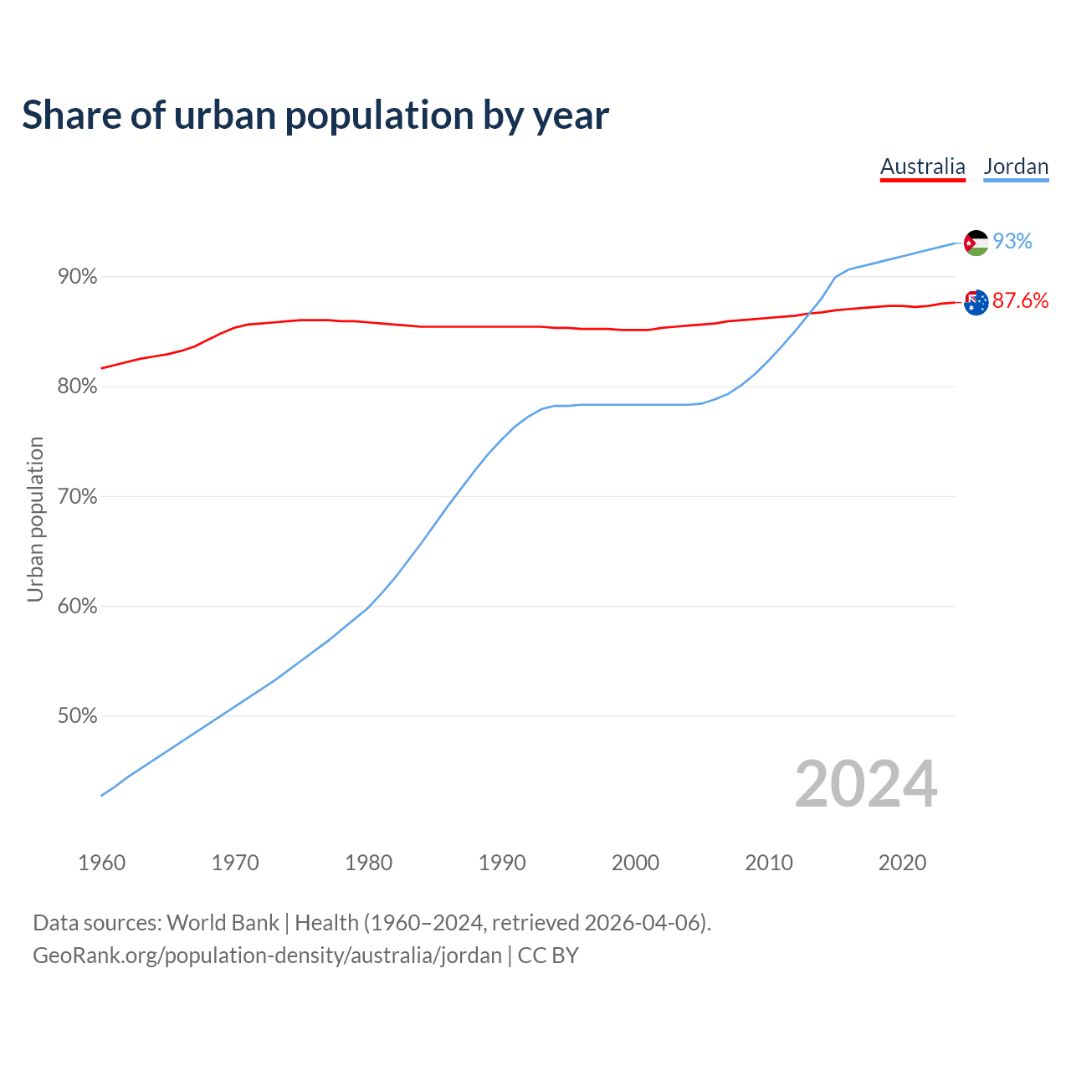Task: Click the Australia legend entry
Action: (x=922, y=167)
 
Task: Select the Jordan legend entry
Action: (x=1016, y=167)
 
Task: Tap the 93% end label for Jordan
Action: (x=1012, y=241)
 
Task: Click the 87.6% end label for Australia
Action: (x=1020, y=301)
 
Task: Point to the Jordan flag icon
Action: (x=976, y=243)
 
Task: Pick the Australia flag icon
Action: (x=976, y=302)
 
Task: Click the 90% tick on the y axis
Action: (x=77, y=277)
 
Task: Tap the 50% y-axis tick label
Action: (x=77, y=716)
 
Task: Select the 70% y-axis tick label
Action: (x=77, y=497)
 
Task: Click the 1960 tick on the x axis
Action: (x=101, y=863)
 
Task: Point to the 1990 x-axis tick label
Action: (x=502, y=863)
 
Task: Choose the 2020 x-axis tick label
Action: (x=902, y=863)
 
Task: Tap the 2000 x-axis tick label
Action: (x=635, y=863)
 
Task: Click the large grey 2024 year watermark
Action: (x=865, y=784)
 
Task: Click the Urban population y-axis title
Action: (x=35, y=519)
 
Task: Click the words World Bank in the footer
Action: (x=223, y=923)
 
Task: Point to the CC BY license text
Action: (x=548, y=956)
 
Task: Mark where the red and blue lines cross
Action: (x=810, y=313)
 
